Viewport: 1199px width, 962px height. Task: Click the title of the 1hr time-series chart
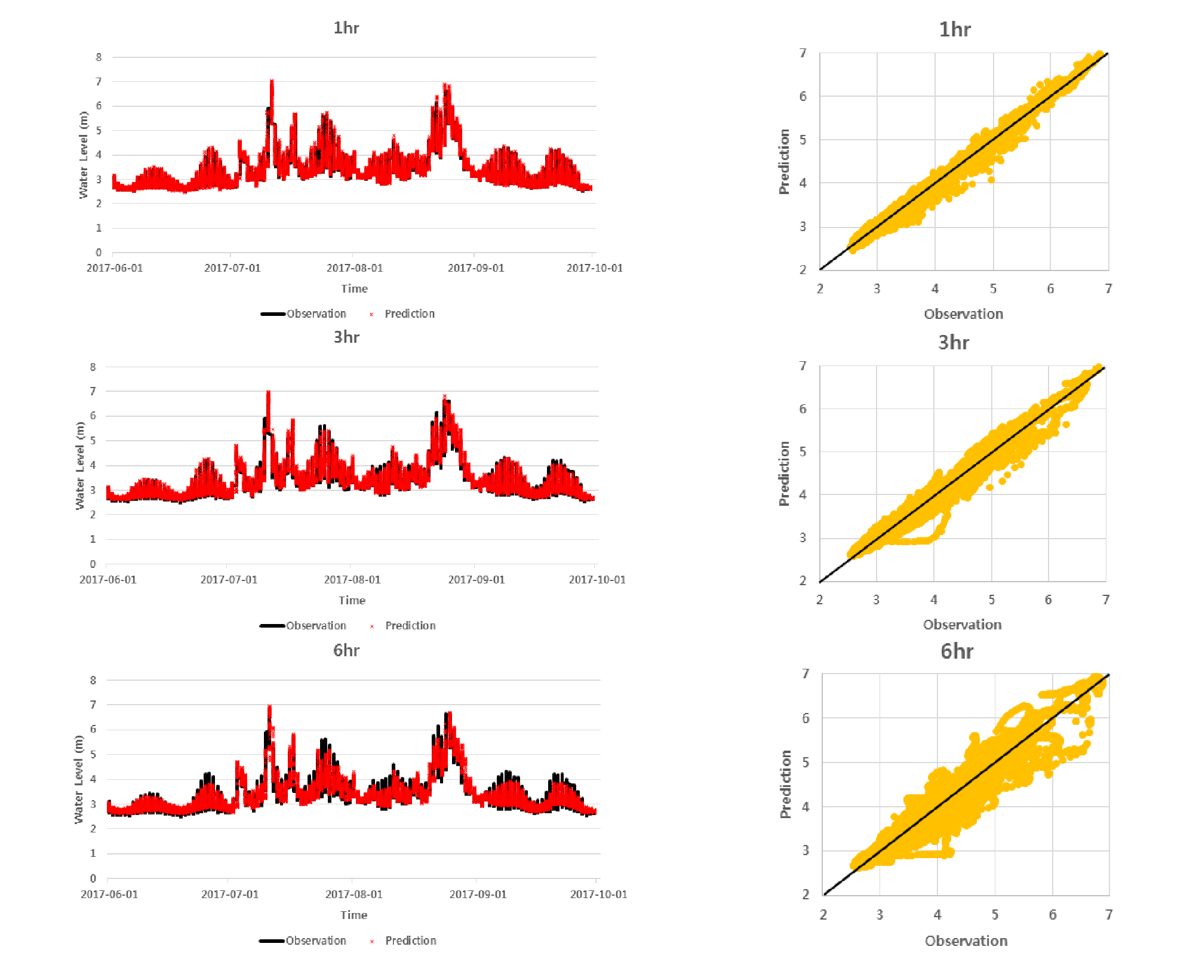pyautogui.click(x=346, y=28)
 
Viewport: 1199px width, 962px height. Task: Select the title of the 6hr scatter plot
pyautogui.click(x=957, y=651)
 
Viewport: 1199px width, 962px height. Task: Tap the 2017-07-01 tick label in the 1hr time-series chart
pyautogui.click(x=232, y=268)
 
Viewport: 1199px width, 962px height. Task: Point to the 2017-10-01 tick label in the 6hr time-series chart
pyautogui.click(x=598, y=894)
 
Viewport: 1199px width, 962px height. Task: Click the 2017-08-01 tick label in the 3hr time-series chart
pyautogui.click(x=352, y=580)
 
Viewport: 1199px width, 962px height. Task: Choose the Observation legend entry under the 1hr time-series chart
pyautogui.click(x=316, y=314)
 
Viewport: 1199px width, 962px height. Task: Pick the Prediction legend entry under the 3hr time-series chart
pyautogui.click(x=410, y=626)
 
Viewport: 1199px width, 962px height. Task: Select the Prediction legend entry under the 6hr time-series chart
pyautogui.click(x=410, y=941)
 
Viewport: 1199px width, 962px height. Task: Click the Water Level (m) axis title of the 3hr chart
pyautogui.click(x=80, y=466)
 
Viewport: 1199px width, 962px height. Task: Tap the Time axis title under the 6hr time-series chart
pyautogui.click(x=353, y=915)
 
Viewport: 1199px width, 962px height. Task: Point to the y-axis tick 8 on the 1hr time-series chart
pyautogui.click(x=99, y=57)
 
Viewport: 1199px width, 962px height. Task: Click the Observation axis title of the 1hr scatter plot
pyautogui.click(x=963, y=314)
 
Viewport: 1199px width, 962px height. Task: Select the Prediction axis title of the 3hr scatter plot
pyautogui.click(x=784, y=474)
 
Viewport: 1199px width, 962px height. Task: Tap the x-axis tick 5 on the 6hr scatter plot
pyautogui.click(x=995, y=914)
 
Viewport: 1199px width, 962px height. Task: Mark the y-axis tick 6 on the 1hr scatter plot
pyautogui.click(x=803, y=96)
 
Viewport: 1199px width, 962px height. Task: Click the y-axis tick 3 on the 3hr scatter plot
pyautogui.click(x=803, y=537)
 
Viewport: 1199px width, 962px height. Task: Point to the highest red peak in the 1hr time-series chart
pyautogui.click(x=272, y=81)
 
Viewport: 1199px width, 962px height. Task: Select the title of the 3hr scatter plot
pyautogui.click(x=954, y=342)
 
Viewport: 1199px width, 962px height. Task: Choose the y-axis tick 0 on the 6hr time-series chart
pyautogui.click(x=93, y=878)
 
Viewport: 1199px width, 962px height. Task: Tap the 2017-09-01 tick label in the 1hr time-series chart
pyautogui.click(x=476, y=268)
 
